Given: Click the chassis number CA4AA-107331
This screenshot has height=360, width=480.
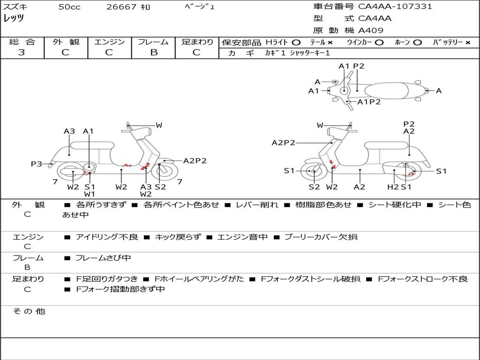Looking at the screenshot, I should click(x=395, y=7).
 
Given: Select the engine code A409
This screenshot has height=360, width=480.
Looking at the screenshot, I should click(x=371, y=30).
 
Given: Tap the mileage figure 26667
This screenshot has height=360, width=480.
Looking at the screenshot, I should click(x=121, y=7).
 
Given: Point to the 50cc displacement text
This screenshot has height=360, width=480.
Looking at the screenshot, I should click(x=69, y=7).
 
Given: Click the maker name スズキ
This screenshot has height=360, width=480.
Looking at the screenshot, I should click(x=15, y=7).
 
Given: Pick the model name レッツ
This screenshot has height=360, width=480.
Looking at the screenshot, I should click(x=14, y=18).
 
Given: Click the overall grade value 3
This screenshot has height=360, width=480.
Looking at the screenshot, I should click(x=22, y=52).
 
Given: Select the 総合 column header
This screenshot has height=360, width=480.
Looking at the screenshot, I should click(x=22, y=42).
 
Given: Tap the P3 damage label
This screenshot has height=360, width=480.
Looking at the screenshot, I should click(x=37, y=164).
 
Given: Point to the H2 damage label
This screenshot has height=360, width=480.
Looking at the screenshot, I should click(x=392, y=187).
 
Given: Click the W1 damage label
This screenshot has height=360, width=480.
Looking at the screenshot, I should click(x=90, y=194).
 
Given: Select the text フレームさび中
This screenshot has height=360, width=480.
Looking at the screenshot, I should click(x=104, y=258).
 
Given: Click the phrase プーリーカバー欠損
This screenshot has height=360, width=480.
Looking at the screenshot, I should click(x=321, y=237).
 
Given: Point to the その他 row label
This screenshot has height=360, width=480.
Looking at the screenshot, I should click(x=29, y=311).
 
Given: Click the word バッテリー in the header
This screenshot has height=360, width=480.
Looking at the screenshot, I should click(x=447, y=43).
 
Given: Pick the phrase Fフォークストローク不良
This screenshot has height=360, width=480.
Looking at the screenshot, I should click(x=422, y=279).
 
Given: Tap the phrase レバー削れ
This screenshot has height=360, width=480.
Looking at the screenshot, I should click(x=257, y=205).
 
